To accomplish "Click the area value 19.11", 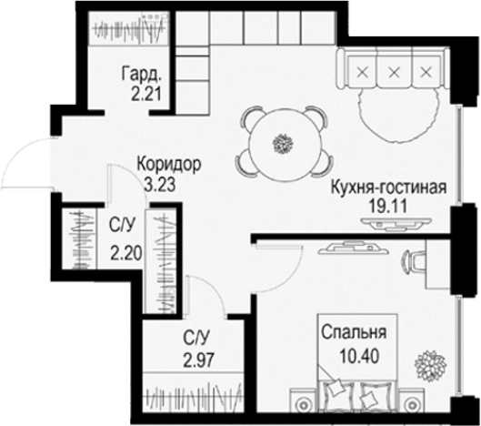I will pyautogui.click(x=387, y=206).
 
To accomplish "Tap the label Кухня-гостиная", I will pyautogui.click(x=387, y=188).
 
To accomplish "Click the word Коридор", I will pyautogui.click(x=167, y=165).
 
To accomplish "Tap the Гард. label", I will pyautogui.click(x=145, y=76).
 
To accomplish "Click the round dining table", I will pyautogui.click(x=284, y=142).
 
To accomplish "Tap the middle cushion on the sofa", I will pyautogui.click(x=394, y=71).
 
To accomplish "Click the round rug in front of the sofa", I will pyautogui.click(x=389, y=109).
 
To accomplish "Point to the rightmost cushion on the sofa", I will pyautogui.click(x=425, y=71).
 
